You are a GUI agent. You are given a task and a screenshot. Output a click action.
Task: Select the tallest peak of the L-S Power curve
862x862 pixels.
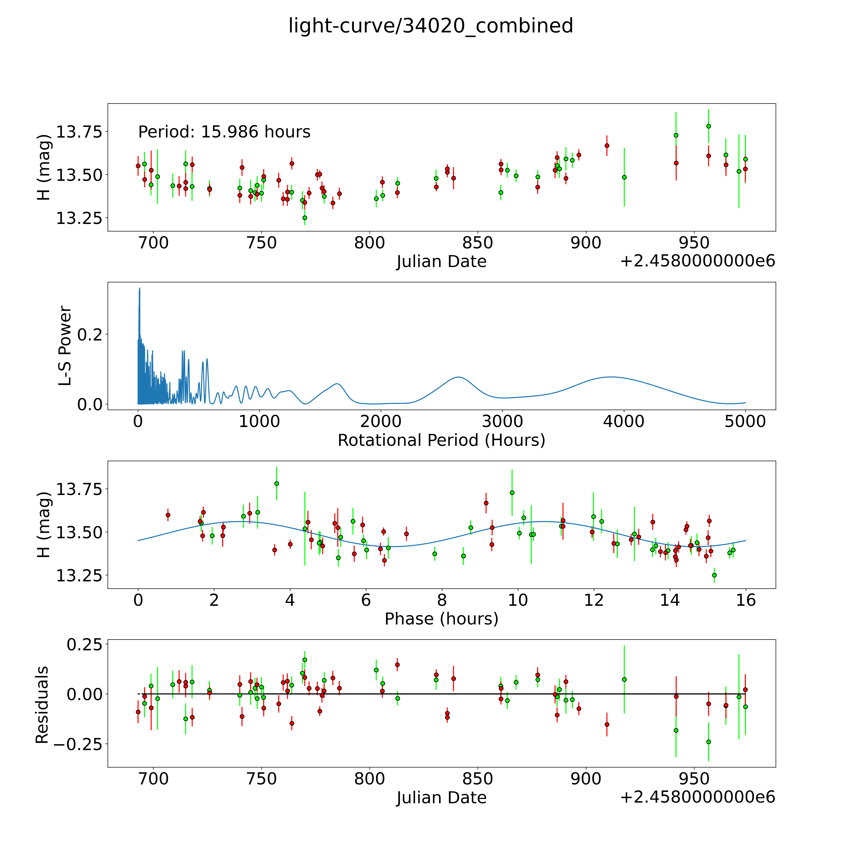coord(140,288)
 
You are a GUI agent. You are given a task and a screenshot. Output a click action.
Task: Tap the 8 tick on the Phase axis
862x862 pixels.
coord(442,600)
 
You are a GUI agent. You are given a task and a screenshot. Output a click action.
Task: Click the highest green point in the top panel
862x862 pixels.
coord(709,126)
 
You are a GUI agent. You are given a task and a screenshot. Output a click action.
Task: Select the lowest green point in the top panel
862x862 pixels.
coord(305,218)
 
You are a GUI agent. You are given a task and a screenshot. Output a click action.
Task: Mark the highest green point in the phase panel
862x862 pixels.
coord(277,483)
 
